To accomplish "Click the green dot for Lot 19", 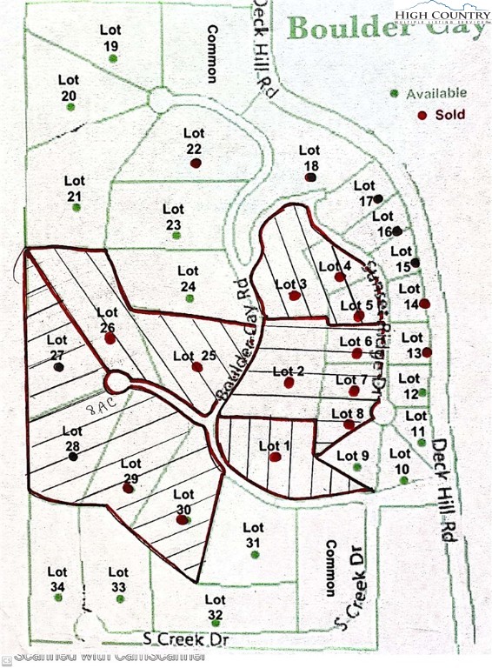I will tap(115, 59).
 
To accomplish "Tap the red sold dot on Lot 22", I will tap(196, 162).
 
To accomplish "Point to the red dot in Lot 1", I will tap(275, 457).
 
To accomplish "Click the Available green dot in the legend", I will tap(395, 93).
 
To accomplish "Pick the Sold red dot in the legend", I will tap(422, 115).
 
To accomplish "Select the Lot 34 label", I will tap(57, 579).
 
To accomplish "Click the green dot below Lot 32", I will tap(216, 616).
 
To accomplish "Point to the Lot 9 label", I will tap(352, 456).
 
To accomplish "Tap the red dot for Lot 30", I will tap(182, 520).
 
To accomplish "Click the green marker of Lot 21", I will tap(76, 209).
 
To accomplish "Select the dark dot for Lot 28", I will tap(73, 455).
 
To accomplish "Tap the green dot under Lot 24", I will tap(189, 298).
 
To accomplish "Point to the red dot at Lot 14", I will tap(424, 304).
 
